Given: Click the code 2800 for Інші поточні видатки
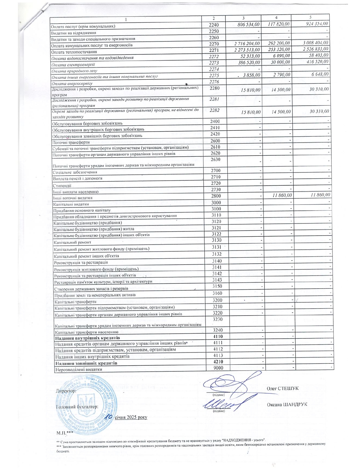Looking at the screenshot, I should (x=216, y=196).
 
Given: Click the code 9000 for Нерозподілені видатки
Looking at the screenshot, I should (x=218, y=368).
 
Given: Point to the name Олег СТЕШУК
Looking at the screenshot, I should (x=282, y=388).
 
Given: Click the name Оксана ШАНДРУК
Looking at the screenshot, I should (x=287, y=404).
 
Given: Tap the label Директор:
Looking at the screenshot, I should (x=66, y=391).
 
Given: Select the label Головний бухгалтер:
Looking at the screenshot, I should (x=77, y=406).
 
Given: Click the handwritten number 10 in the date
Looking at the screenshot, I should (x=108, y=417).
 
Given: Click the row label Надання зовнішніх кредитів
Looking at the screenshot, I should (x=86, y=363).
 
